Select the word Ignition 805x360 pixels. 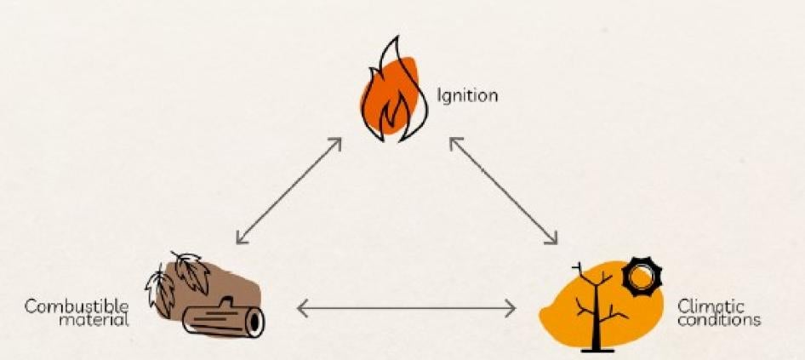pyautogui.click(x=467, y=95)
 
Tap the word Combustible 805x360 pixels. pyautogui.click(x=76, y=306)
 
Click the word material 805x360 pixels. pyautogui.click(x=100, y=320)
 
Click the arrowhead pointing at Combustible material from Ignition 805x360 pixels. pyautogui.click(x=240, y=240)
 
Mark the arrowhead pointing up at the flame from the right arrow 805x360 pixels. pyautogui.click(x=453, y=140)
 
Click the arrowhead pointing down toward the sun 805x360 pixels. pyautogui.click(x=554, y=239)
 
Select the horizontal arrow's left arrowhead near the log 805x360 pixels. pyautogui.click(x=300, y=308)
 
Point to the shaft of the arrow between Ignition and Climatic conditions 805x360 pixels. pyautogui.click(x=504, y=190)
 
